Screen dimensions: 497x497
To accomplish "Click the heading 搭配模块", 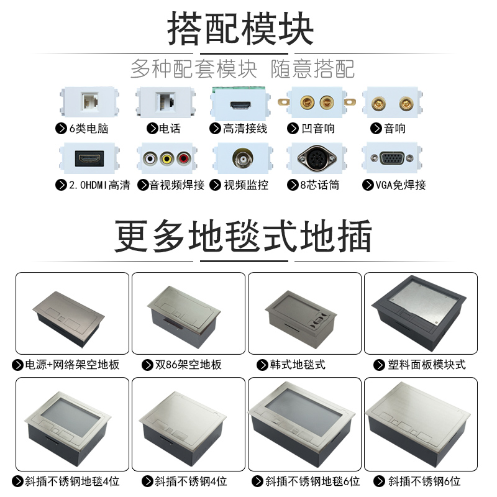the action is (240, 28).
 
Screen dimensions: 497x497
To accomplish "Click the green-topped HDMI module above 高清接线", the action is (240, 102).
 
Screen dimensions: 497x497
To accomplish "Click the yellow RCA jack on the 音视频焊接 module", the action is (166, 158).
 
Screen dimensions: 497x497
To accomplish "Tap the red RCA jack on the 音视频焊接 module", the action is (183, 158).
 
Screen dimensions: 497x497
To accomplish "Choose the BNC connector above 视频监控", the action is (241, 158).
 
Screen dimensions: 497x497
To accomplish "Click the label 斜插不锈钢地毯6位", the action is (309, 481).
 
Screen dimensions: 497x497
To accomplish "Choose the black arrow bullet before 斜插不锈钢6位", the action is (380, 481).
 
